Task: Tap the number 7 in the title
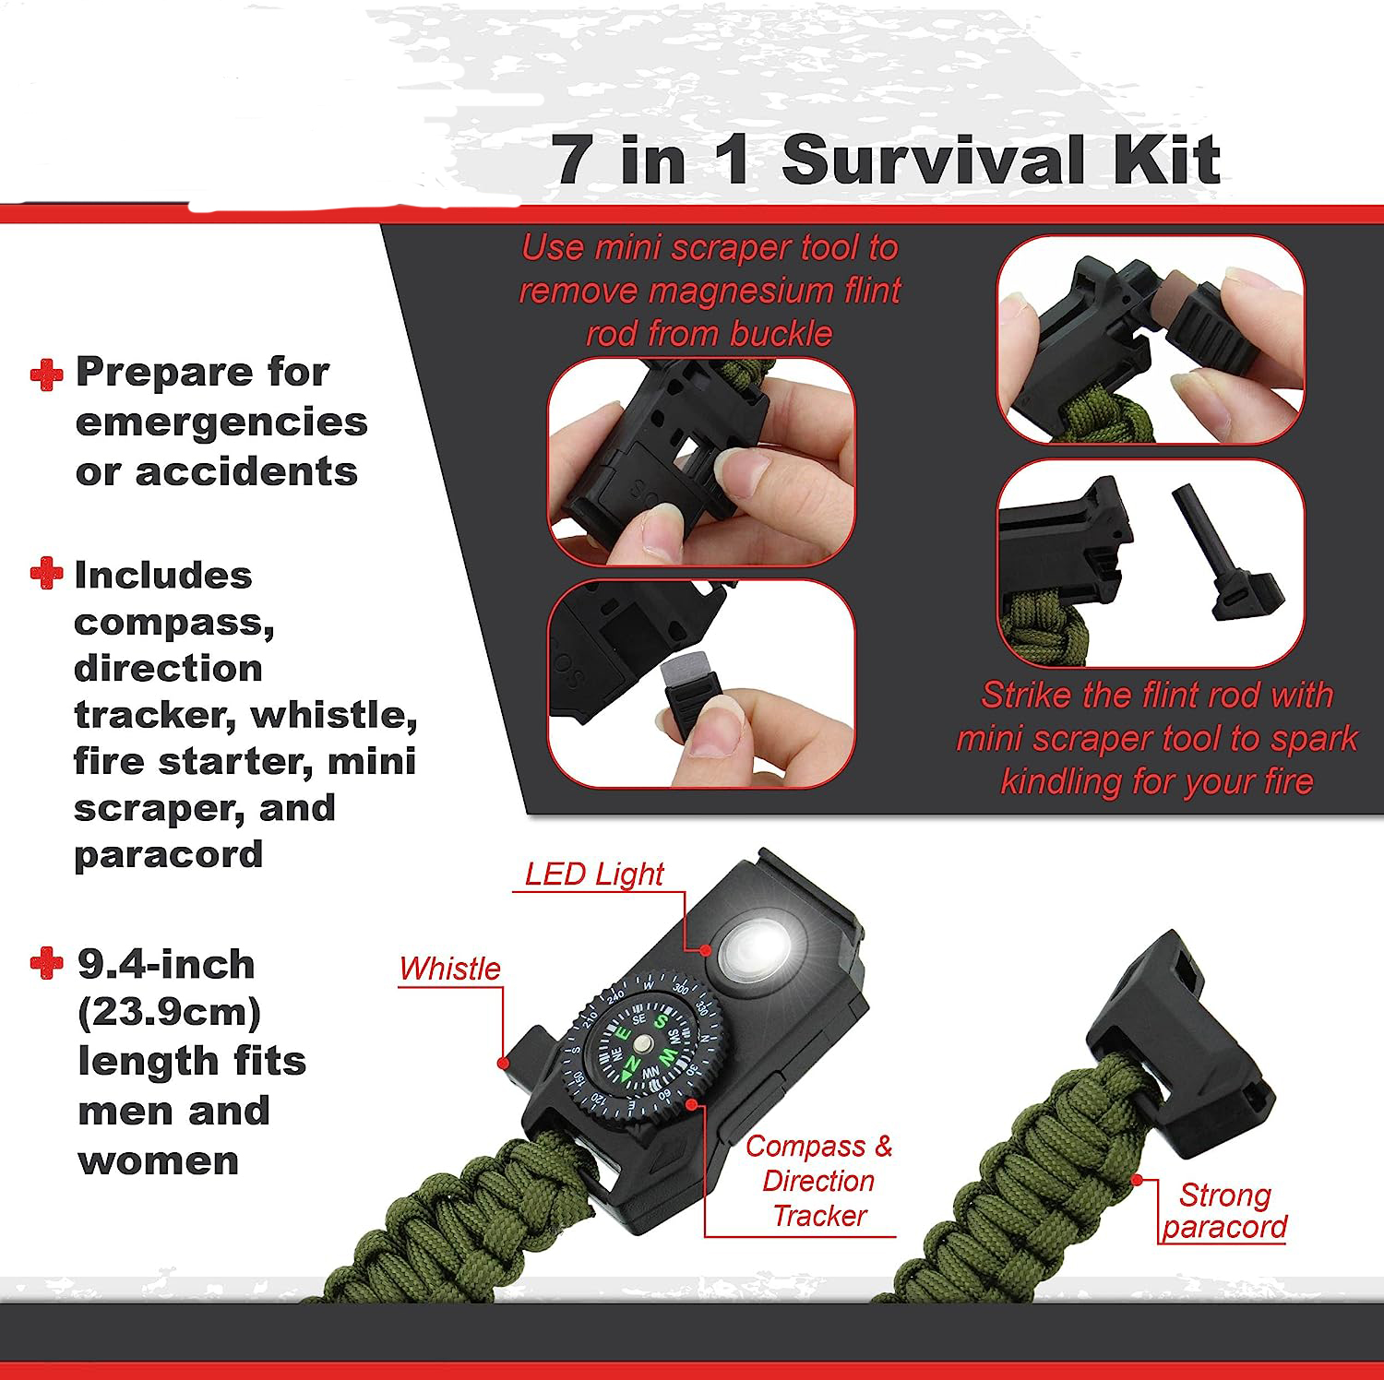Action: click(x=574, y=159)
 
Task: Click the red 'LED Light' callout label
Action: click(x=594, y=874)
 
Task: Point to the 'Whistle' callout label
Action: click(x=449, y=969)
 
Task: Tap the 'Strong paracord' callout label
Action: click(x=1224, y=1210)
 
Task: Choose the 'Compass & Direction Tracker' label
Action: click(x=819, y=1181)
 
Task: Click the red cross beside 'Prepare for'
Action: click(x=47, y=375)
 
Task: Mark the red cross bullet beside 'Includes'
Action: click(x=46, y=573)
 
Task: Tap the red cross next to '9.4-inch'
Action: click(x=47, y=964)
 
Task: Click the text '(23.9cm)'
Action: click(x=170, y=1013)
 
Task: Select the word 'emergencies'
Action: click(x=221, y=422)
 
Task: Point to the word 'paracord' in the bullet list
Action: click(x=169, y=854)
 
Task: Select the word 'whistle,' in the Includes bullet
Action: click(x=334, y=715)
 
